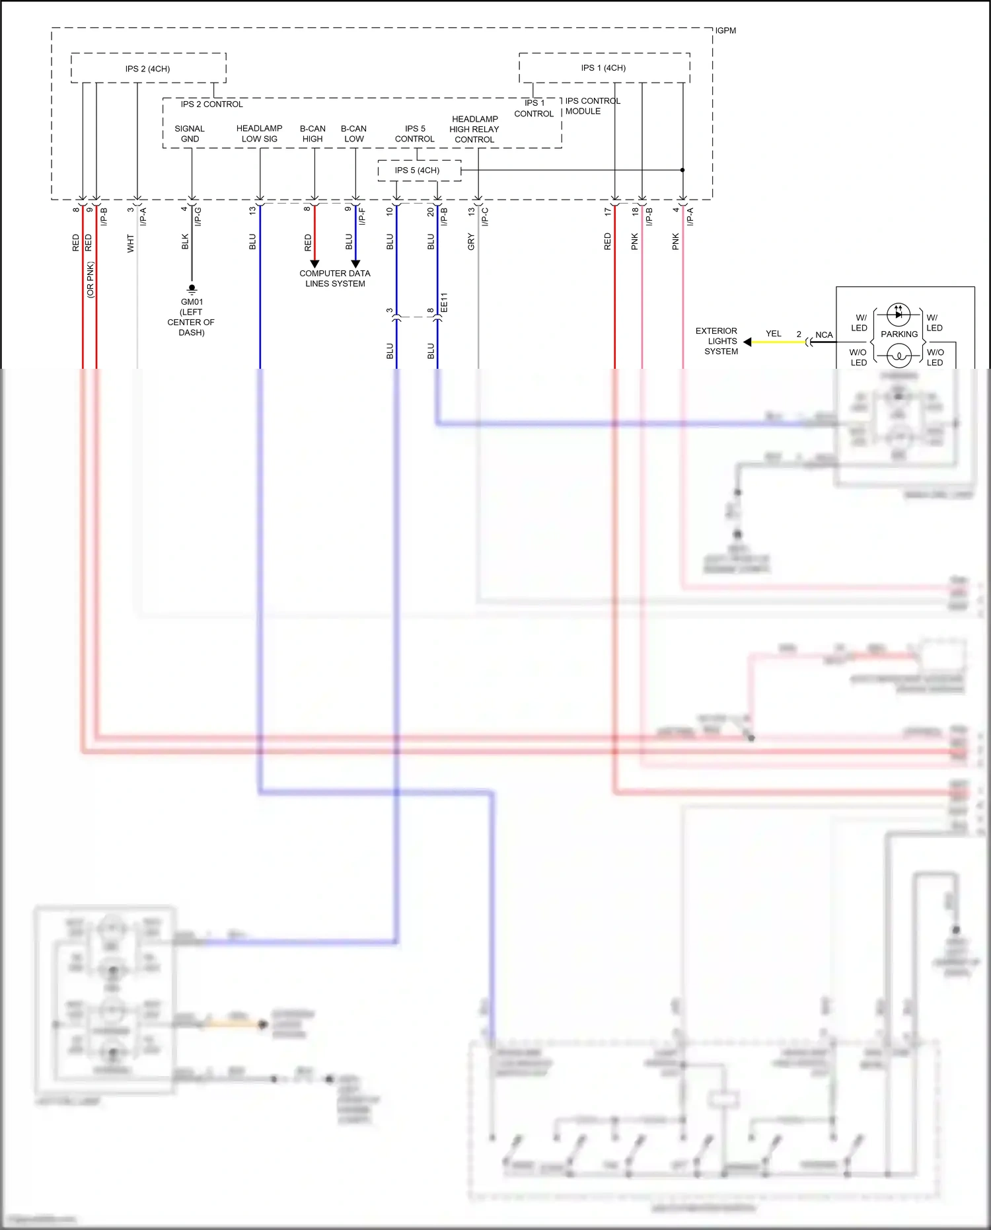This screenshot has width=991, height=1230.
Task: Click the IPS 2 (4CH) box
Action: pos(148,68)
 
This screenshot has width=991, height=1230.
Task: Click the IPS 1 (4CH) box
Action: pos(604,67)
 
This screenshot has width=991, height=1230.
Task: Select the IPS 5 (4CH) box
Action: pos(418,171)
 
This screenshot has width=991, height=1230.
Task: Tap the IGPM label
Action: pos(725,30)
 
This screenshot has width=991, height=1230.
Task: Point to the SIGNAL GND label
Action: pos(190,134)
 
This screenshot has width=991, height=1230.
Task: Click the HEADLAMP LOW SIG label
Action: pos(259,134)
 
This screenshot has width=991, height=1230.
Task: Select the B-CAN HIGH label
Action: pos(312,134)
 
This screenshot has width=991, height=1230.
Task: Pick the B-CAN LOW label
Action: pos(353,134)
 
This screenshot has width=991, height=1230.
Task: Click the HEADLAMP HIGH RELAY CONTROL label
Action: pos(474,129)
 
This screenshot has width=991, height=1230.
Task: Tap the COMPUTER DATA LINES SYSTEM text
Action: pos(335,278)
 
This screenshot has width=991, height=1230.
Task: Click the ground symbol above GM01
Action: pos(192,289)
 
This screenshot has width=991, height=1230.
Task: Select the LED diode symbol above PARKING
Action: pos(898,315)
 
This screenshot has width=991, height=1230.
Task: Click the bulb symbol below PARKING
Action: pos(898,357)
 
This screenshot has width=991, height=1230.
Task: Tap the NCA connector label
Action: pos(824,334)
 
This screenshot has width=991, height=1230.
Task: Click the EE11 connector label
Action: pos(444,302)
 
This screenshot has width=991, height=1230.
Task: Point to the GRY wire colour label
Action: pos(471,241)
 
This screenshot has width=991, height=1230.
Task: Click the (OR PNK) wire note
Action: pos(91,280)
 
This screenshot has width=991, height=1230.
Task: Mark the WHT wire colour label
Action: pos(130,243)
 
